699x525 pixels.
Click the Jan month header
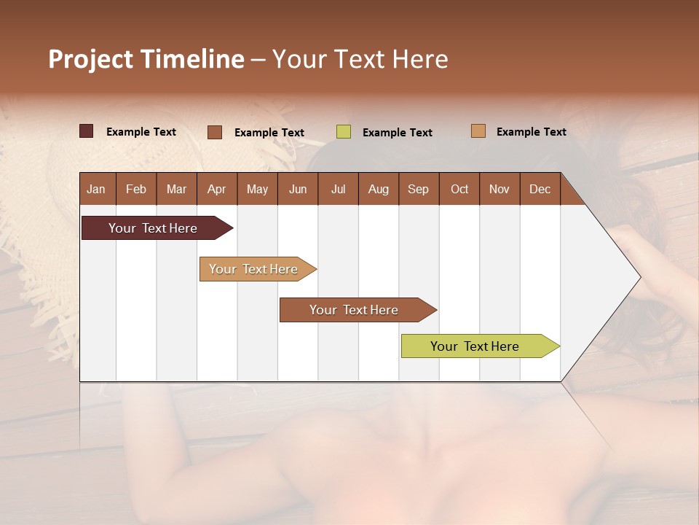(x=97, y=189)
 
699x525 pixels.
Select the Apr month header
(x=217, y=189)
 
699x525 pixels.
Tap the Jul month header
(x=338, y=189)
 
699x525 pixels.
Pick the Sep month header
(x=419, y=189)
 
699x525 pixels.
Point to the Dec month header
(x=540, y=189)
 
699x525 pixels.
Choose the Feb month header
(x=136, y=189)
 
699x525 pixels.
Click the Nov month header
(x=499, y=189)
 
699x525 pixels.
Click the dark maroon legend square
(x=87, y=131)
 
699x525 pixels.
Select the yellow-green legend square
(x=344, y=132)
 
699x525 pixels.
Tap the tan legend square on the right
(x=478, y=131)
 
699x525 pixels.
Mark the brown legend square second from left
(x=215, y=132)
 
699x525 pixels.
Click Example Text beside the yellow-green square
(x=398, y=133)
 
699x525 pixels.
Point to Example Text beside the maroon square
(x=141, y=132)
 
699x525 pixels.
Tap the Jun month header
(x=298, y=189)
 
